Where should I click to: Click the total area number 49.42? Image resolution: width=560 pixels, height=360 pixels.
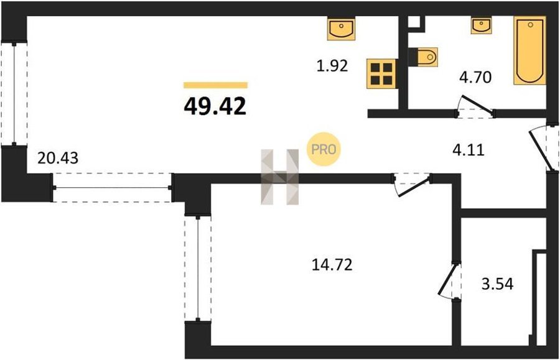coord(215,106)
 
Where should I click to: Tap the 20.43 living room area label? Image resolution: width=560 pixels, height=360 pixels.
coord(58,158)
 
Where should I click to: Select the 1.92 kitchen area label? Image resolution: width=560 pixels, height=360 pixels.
coord(332,66)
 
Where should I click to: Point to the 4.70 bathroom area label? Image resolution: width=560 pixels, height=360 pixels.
coord(475,77)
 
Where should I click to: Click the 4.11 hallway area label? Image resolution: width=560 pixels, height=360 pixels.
coord(469,150)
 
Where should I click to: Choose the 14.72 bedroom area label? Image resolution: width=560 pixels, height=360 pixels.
coord(332,265)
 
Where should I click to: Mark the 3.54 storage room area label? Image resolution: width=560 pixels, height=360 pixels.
coord(498,284)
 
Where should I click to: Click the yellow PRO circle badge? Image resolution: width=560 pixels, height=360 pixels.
coord(324,149)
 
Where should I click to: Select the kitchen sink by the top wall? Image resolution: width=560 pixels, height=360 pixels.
coord(342,29)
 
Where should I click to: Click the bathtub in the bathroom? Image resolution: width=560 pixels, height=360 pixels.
coord(530,50)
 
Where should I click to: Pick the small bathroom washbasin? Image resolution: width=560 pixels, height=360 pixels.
coord(481,25)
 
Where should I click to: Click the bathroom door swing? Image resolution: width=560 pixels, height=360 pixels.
coord(475,106)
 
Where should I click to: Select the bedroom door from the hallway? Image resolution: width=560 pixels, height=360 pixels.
coord(412,184)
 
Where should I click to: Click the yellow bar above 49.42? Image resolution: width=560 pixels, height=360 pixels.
coord(215,85)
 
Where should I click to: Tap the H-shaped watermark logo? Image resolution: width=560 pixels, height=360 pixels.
coord(279,177)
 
